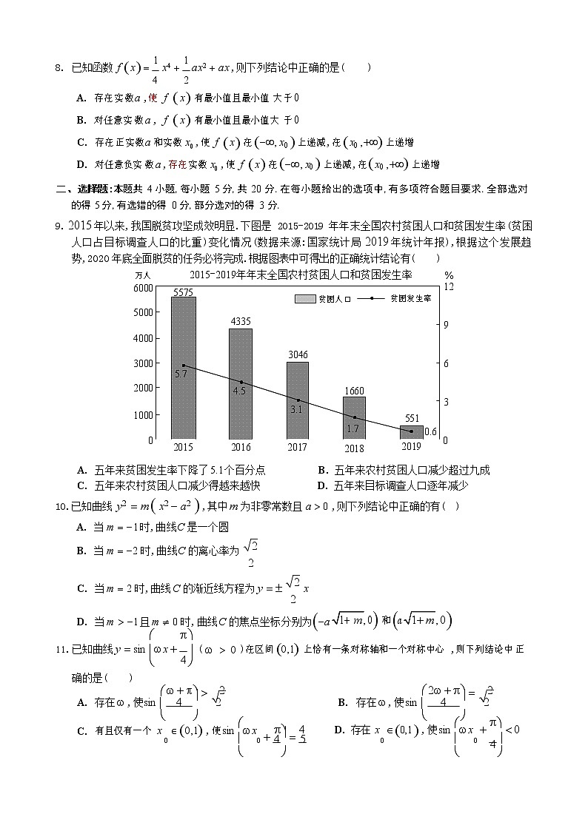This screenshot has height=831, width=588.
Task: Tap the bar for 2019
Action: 411,432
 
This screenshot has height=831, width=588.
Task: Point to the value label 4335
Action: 241,322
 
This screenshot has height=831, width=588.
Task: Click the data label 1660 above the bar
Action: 354,390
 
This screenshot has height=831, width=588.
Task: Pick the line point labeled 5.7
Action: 184,366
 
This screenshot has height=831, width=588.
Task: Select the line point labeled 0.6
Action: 412,431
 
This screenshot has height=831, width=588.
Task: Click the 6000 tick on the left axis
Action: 144,287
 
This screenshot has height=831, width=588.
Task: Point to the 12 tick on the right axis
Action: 448,287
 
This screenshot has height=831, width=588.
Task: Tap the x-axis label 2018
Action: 355,447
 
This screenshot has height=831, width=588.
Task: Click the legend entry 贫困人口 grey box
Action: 304,299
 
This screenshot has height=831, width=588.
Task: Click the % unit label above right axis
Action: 449,275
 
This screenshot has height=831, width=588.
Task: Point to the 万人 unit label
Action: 144,275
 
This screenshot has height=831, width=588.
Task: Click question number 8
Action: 60,69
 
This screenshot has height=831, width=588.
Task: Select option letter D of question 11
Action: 339,730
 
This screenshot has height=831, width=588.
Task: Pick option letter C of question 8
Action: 81,142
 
